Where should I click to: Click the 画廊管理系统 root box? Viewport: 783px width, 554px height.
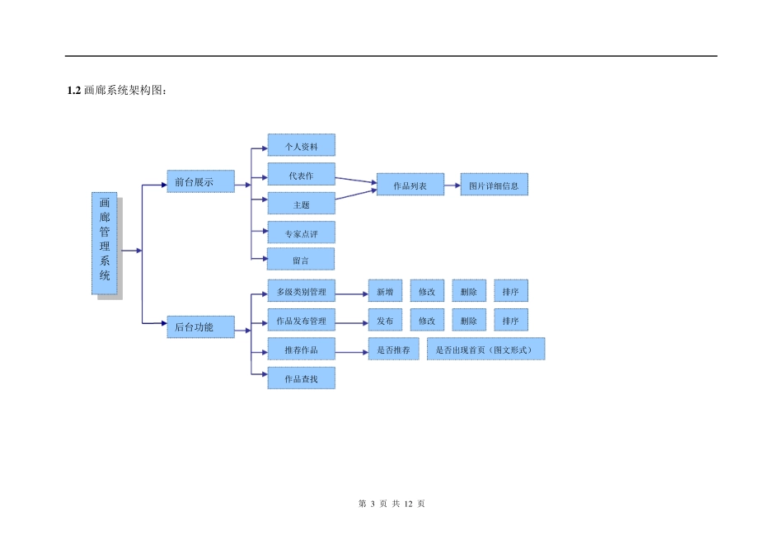tap(104, 243)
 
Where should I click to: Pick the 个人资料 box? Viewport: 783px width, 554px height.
tap(301, 146)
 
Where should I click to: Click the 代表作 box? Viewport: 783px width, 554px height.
tap(301, 176)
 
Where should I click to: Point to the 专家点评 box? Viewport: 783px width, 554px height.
tap(301, 233)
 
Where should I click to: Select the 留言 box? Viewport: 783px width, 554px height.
tap(301, 260)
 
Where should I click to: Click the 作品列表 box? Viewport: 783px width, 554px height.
tap(410, 185)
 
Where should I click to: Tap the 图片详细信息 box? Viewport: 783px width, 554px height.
tap(494, 185)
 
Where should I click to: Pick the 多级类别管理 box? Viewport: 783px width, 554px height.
tap(301, 292)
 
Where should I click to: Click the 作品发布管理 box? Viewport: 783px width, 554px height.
tap(301, 321)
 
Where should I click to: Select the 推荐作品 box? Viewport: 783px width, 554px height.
tap(301, 350)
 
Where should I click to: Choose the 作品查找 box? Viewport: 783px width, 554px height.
tap(301, 378)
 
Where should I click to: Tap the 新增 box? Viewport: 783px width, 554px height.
tap(385, 292)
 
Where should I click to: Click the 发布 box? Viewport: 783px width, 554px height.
tap(385, 321)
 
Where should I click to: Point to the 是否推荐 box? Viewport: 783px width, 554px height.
tap(393, 350)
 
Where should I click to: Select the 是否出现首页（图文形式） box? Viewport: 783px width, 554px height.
tap(485, 350)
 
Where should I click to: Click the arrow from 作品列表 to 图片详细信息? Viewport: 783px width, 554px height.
tap(452, 185)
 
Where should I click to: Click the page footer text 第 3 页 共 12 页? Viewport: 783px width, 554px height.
tap(391, 504)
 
